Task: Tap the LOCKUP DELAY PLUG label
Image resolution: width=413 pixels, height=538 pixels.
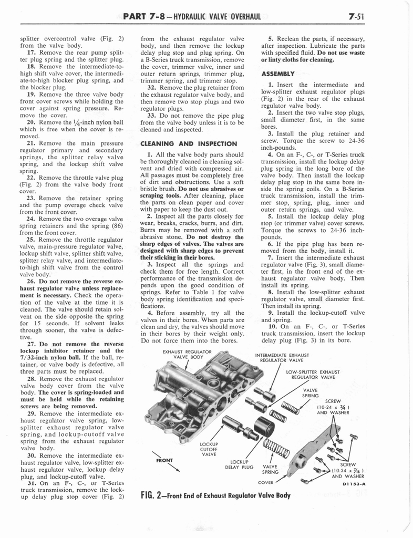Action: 239,465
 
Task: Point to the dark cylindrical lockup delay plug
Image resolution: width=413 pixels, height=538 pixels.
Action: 263,425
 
